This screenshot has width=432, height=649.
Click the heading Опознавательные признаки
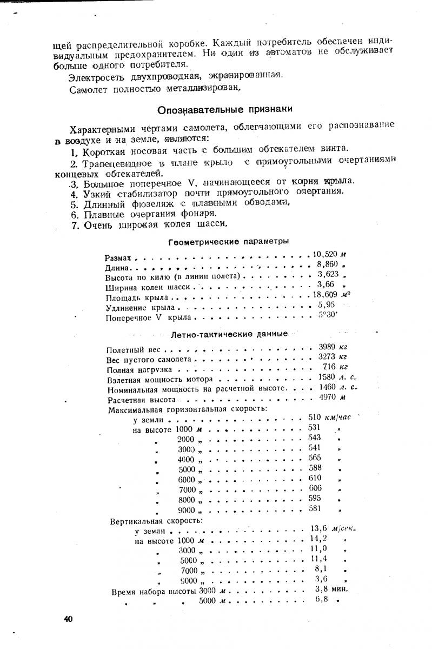click(224, 110)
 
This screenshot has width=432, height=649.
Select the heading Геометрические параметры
click(228, 241)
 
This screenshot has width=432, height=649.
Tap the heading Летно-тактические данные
click(229, 334)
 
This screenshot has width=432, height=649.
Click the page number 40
click(68, 619)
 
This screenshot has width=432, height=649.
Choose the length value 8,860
click(327, 264)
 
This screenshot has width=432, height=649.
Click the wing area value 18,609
click(325, 295)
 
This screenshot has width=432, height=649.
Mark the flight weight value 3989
click(327, 347)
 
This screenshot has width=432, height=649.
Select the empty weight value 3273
click(327, 357)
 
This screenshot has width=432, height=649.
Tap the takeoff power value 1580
click(328, 378)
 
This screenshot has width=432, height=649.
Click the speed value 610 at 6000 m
click(315, 478)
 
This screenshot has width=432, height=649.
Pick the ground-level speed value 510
click(315, 418)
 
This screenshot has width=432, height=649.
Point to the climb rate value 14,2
click(320, 539)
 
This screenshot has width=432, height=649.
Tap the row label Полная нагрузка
click(139, 370)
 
